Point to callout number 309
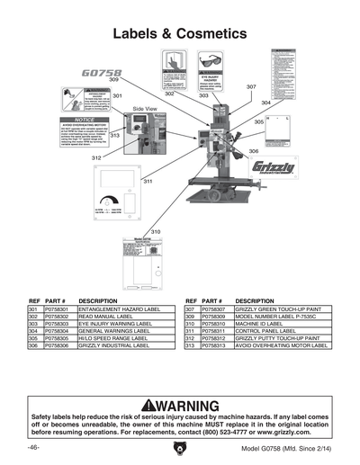(x=113, y=80)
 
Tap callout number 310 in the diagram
(x=155, y=232)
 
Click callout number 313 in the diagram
(x=114, y=135)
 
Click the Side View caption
(x=145, y=108)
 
